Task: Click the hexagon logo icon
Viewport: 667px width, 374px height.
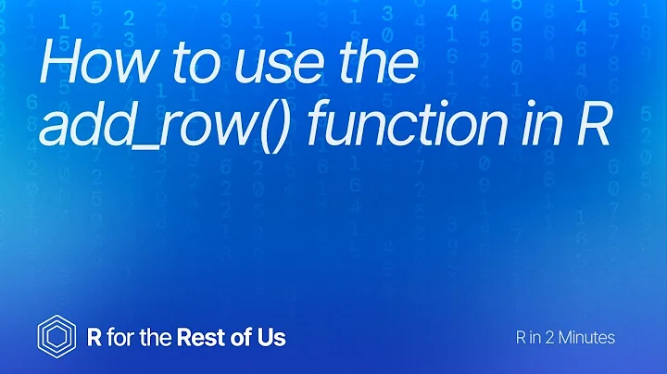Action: [54, 335]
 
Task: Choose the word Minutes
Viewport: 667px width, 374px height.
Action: [585, 338]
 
